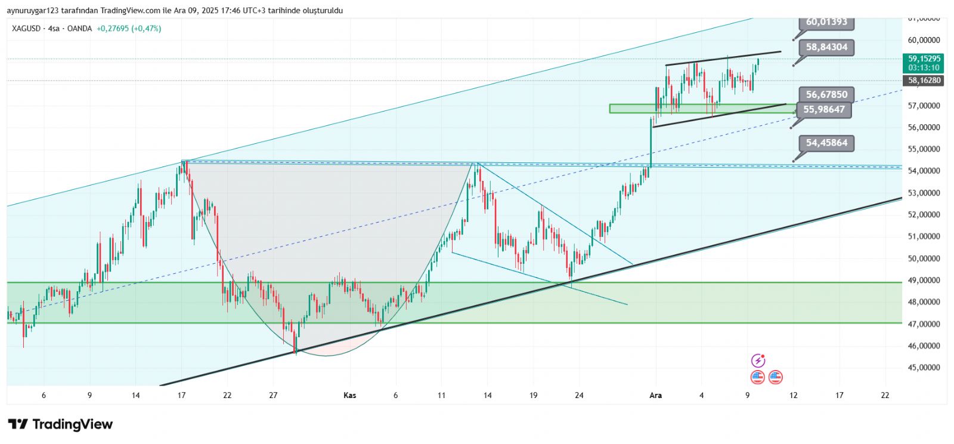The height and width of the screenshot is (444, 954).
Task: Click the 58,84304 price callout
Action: coord(826,47)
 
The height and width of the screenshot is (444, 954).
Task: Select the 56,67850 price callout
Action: coord(826,94)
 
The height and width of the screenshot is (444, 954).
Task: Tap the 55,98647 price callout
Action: coord(824,109)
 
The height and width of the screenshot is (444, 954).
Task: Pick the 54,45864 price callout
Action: coord(826,143)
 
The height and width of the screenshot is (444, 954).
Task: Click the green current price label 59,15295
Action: coord(924,58)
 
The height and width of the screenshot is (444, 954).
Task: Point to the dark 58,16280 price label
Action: coord(924,80)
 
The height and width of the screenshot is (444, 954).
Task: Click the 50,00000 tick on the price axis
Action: coord(924,258)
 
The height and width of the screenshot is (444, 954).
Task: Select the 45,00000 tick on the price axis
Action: coord(924,368)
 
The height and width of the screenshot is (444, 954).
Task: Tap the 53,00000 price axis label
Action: coord(924,193)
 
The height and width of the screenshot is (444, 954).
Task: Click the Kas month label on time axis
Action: coord(350,395)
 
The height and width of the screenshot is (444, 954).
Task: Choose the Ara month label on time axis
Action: coord(655,395)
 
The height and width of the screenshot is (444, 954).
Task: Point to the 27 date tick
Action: coord(273,395)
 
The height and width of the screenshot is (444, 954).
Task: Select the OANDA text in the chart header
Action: coord(79,28)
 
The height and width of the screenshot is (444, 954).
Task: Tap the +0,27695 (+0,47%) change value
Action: coord(129,28)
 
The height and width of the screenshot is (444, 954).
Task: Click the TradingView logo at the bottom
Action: coord(60,424)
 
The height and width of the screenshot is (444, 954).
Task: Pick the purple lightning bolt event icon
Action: coord(758,360)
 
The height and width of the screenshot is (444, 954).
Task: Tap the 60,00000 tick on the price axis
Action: coord(924,40)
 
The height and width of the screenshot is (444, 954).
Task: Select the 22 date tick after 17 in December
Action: coord(885,395)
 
